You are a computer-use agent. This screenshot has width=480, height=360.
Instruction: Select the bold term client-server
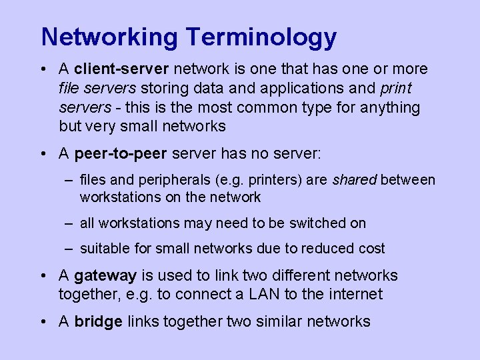point(121,69)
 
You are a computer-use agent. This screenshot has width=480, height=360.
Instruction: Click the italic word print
point(397,88)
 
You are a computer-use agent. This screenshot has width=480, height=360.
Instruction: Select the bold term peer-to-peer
point(121,154)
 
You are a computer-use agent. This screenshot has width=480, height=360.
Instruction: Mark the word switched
point(299,223)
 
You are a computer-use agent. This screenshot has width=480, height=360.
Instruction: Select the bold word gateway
point(105,276)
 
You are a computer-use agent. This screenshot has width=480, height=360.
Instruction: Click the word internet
point(356,294)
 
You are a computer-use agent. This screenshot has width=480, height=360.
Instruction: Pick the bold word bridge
point(99,321)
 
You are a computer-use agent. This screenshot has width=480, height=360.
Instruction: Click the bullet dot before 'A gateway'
point(43,275)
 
